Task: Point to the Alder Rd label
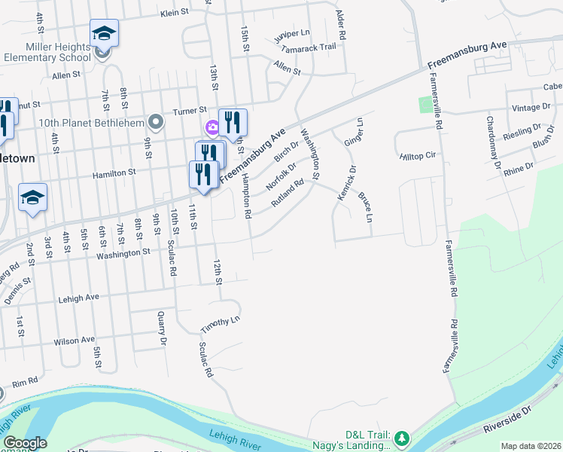tap(341, 25)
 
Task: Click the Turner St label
tap(191, 108)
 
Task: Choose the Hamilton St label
tap(114, 173)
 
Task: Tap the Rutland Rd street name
tap(288, 192)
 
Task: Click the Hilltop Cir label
tap(418, 155)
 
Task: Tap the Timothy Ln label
tap(220, 325)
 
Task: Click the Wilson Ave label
tap(75, 340)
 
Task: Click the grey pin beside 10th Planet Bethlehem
tap(156, 121)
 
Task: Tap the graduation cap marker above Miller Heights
tap(104, 33)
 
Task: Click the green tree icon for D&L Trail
tap(402, 438)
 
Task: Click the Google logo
tap(25, 443)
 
